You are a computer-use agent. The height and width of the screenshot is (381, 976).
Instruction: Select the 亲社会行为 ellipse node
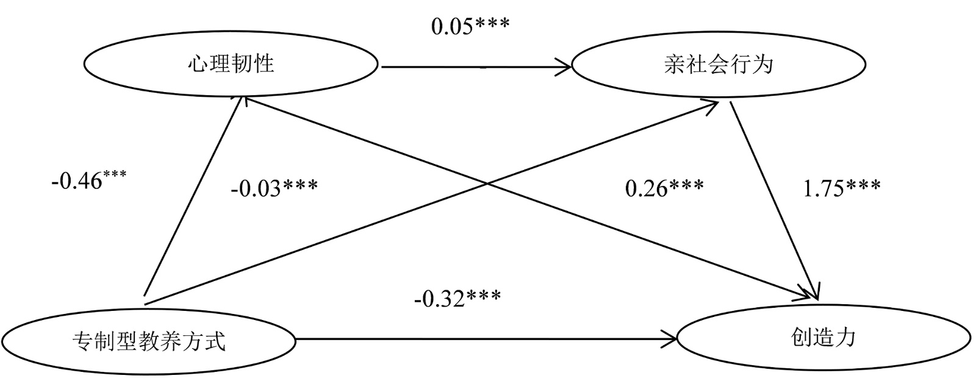718,64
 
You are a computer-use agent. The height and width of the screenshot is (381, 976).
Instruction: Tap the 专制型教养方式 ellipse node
148,340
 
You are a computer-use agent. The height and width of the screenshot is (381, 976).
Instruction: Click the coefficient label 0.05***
470,26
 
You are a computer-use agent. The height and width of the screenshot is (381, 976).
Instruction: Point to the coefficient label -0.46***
89,181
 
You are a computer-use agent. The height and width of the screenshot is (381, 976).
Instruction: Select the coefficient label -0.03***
274,188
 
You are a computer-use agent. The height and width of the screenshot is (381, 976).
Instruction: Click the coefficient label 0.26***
664,188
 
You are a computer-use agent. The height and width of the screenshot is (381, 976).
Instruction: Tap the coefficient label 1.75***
841,188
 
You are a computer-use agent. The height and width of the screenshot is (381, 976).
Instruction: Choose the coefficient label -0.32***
457,298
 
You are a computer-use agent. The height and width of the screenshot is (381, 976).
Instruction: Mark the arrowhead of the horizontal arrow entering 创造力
672,337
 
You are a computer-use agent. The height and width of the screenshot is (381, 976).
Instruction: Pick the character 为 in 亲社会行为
762,64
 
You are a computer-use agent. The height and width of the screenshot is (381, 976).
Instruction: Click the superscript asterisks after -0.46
114,176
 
